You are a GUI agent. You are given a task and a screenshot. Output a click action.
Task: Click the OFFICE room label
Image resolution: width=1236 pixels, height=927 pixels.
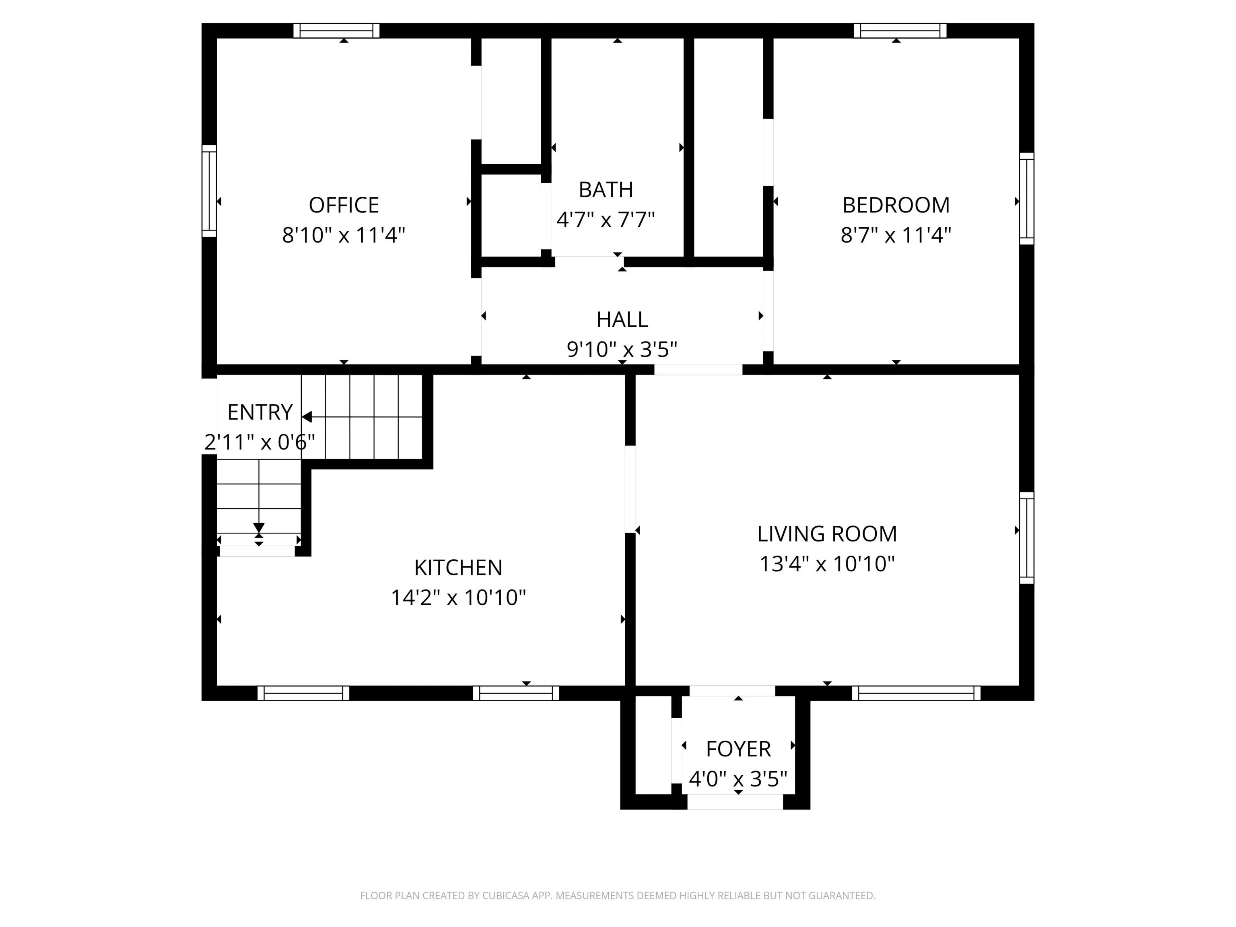[344, 205]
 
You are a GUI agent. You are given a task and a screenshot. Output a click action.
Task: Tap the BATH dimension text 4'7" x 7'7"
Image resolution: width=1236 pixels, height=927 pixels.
[606, 220]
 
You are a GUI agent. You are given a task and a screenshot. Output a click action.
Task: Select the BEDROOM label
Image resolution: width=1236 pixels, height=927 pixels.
[896, 205]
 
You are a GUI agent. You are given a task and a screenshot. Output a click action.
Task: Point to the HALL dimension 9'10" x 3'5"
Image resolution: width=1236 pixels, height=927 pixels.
[622, 349]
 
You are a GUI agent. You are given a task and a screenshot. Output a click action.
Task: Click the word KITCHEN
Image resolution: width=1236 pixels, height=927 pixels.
[458, 568]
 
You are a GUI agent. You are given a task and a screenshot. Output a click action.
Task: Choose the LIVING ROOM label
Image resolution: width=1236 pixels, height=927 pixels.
[827, 534]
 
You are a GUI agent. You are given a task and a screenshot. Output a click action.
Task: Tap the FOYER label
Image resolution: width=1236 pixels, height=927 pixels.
[738, 749]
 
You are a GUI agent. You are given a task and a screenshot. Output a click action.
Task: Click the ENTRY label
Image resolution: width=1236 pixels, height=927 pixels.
[260, 412]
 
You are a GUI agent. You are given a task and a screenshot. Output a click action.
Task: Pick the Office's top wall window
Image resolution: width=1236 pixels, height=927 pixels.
[336, 31]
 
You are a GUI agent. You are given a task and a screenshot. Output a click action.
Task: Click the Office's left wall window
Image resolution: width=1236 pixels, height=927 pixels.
[209, 191]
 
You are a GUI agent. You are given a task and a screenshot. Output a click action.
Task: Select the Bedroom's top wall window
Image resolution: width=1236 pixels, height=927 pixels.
[900, 31]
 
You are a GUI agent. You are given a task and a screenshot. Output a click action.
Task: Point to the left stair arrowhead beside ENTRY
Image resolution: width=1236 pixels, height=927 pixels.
[307, 417]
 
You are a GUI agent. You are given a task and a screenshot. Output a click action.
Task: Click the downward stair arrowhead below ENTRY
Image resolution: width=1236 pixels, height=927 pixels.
[259, 528]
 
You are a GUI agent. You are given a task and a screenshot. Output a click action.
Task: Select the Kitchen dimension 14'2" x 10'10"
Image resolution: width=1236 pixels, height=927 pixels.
[458, 597]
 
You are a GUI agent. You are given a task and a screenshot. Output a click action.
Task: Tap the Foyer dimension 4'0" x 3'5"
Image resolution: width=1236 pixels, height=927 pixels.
[738, 779]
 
